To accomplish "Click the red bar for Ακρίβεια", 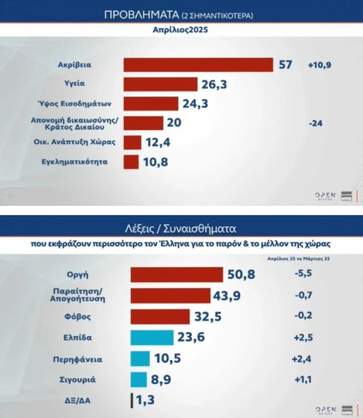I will point(198,65).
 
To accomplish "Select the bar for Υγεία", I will point(160,85).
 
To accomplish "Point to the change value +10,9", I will point(318,65).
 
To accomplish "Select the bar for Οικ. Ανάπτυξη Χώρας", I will point(132,142).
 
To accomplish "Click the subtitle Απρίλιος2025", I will point(181,30).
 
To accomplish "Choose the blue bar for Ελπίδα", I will point(152,337).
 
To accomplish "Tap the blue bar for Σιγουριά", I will point(139,379).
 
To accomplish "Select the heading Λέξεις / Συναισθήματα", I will point(181,230).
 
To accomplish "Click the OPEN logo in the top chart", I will point(325,195).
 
